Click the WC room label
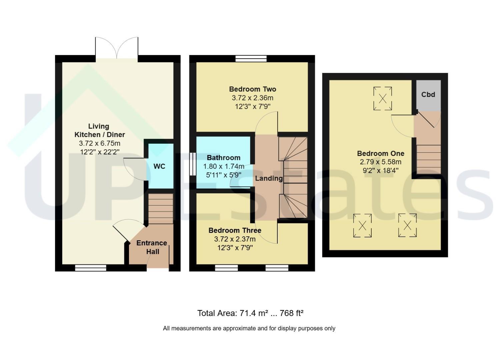pyautogui.click(x=159, y=166)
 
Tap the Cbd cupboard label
pyautogui.click(x=428, y=95)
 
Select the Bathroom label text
pyautogui.click(x=224, y=158)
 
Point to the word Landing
pyautogui.click(x=269, y=178)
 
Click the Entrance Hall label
pyautogui.click(x=152, y=247)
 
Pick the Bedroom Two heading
pyautogui.click(x=253, y=89)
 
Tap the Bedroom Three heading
pyautogui.click(x=235, y=230)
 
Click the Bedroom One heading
pyautogui.click(x=381, y=154)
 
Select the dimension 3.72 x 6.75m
pyautogui.click(x=100, y=143)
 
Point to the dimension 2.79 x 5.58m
pyautogui.click(x=381, y=162)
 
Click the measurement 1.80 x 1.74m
pyautogui.click(x=224, y=166)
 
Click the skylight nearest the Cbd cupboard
pyautogui.click(x=383, y=99)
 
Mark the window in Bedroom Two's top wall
pyautogui.click(x=251, y=59)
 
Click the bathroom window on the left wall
pyautogui.click(x=193, y=164)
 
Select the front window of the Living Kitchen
pyautogui.click(x=90, y=268)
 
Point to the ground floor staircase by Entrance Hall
pyautogui.click(x=161, y=209)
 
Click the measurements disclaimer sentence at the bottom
pyautogui.click(x=249, y=328)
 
